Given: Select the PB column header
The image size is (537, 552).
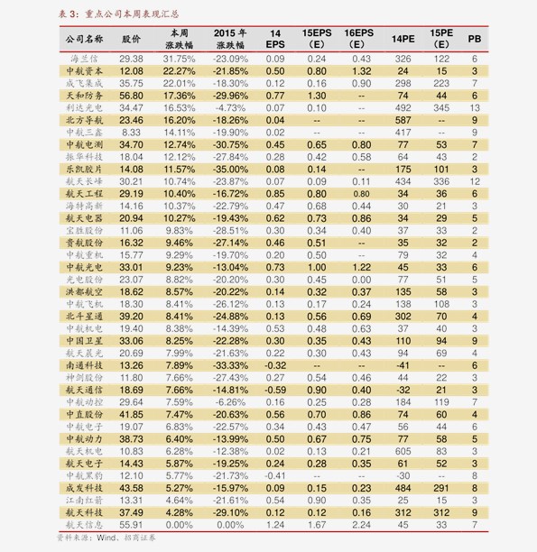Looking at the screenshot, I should (474, 40).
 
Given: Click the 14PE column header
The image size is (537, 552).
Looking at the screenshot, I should (403, 40).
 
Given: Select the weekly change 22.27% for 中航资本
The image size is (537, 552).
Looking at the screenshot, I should (180, 70).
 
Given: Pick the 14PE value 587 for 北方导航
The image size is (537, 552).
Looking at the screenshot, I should (403, 120).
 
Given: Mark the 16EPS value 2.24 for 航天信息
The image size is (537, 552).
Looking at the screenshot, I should (361, 524).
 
